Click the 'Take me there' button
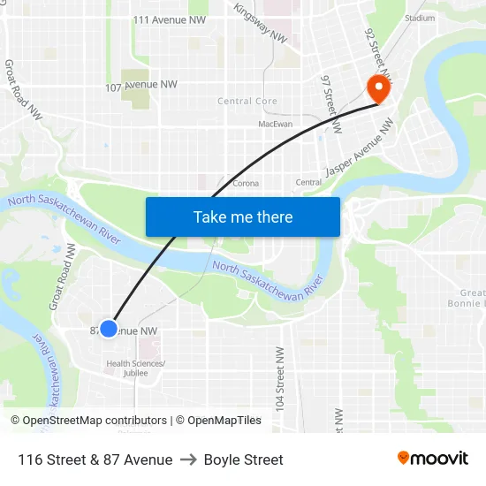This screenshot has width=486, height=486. tap(243, 216)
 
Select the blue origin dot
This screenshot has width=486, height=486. tap(109, 329)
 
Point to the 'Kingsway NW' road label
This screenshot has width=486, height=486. tap(260, 23)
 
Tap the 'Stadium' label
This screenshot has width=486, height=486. tap(419, 18)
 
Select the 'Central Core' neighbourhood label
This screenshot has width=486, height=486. tap(247, 102)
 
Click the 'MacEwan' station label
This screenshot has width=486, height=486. tap(275, 125)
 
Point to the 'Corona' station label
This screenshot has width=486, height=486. tap(245, 184)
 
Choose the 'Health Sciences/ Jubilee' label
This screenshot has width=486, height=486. tap(135, 368)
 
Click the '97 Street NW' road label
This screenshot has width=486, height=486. tap(330, 103)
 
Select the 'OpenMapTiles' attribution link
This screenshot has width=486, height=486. tap(224, 421)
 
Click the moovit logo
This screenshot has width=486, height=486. tap(432, 458)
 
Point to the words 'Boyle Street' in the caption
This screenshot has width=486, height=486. tap(243, 459)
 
